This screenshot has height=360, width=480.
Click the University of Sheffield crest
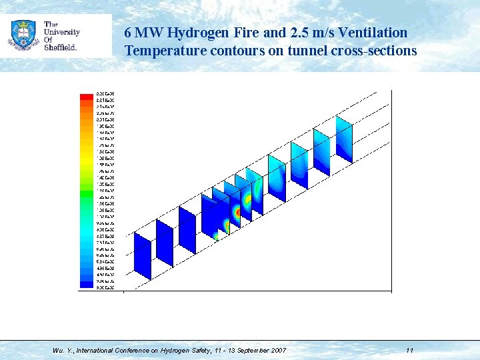tap(23, 35)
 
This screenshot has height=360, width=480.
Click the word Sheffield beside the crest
tap(61, 47)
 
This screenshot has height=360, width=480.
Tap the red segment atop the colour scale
tap(87, 97)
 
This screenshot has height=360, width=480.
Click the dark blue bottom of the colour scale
tap(87, 284)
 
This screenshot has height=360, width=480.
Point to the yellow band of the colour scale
tap(87, 151)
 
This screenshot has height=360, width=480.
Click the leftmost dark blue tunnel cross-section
tap(143, 255)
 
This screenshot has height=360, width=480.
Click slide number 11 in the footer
tap(409, 350)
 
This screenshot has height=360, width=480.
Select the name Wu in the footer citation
tap(57, 350)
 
